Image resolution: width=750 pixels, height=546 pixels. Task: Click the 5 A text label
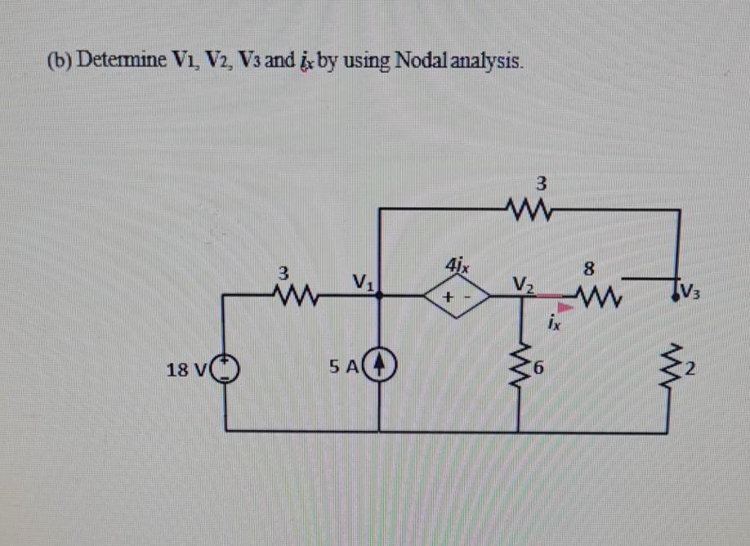343,369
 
